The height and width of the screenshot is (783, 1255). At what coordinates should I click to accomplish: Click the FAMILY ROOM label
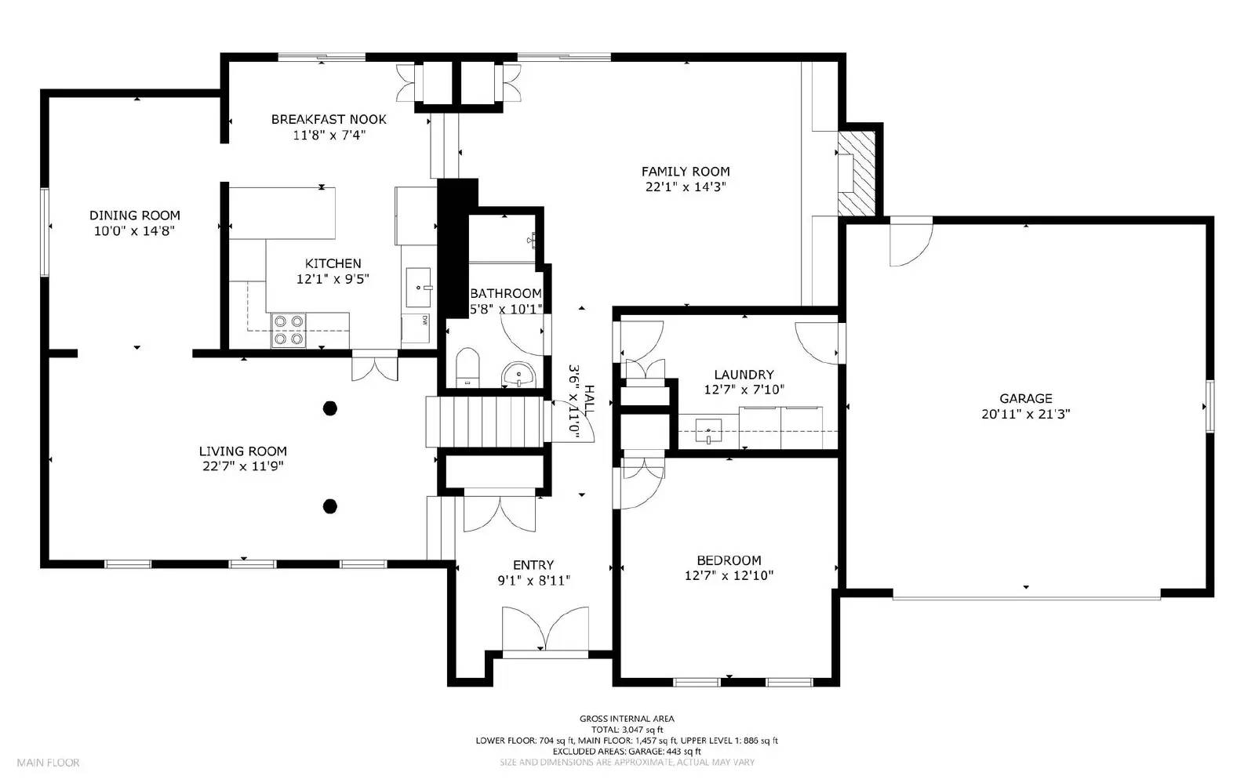[686, 172]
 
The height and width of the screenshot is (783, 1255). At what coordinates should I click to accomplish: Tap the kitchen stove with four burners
[289, 330]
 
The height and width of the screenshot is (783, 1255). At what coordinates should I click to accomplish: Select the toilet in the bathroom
[467, 368]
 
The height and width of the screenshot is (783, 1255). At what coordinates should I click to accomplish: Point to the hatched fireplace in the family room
[856, 173]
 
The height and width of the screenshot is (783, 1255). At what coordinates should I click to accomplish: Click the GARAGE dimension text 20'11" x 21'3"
[1025, 414]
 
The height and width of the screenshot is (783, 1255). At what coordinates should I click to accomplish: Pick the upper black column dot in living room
[330, 408]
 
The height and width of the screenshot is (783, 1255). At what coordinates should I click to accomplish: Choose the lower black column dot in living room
[330, 506]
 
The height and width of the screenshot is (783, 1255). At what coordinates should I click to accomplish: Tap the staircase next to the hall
[485, 422]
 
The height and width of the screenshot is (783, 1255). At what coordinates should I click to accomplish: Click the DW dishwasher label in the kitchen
[424, 320]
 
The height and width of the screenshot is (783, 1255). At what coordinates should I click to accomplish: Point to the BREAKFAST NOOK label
[329, 119]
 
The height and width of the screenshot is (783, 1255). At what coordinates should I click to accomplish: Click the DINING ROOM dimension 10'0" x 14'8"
[134, 230]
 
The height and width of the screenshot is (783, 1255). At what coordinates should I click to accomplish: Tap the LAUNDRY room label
[744, 375]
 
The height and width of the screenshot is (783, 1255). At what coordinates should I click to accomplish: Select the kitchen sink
[418, 287]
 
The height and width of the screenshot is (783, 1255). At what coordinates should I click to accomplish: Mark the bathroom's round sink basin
[518, 375]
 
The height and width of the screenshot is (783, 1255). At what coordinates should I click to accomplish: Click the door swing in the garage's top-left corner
[911, 245]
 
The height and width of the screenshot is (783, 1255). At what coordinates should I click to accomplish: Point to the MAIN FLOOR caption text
[48, 763]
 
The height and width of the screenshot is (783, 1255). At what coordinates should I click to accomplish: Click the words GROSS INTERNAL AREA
[627, 719]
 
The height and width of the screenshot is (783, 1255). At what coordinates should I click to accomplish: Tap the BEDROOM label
[729, 560]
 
